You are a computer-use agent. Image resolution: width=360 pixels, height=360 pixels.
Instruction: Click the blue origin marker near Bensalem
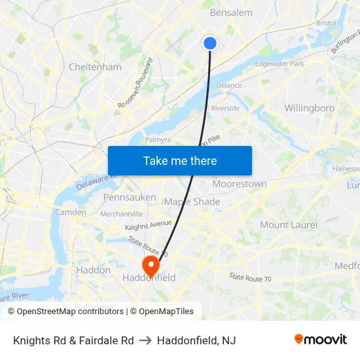pos(209,43)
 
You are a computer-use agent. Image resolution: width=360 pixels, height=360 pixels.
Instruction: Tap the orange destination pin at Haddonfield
pos(151,265)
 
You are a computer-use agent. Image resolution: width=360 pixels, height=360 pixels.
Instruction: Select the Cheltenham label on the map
pos(95,67)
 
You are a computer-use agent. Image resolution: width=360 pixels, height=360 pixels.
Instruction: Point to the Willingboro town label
pos(310,108)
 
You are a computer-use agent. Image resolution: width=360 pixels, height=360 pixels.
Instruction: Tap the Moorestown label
pos(240,184)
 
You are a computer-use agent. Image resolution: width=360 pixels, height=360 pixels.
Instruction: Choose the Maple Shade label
pos(192,202)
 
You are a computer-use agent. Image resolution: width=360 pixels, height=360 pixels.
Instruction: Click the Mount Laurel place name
pos(289,225)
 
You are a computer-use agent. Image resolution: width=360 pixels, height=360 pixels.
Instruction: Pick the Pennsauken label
pos(130,197)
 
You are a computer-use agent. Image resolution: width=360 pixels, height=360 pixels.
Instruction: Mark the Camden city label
pos(70,212)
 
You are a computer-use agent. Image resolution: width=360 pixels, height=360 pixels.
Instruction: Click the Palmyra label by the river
pos(157,139)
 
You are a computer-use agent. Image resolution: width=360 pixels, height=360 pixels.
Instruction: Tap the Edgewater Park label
pos(279,63)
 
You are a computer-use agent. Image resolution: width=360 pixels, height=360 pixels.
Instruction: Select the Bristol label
pos(325,23)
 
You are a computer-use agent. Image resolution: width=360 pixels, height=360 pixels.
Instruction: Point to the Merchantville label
pos(121,214)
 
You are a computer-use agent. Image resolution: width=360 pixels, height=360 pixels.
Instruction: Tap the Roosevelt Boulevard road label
pos(135,84)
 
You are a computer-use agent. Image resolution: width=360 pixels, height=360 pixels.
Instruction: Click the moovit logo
pos(320,339)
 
